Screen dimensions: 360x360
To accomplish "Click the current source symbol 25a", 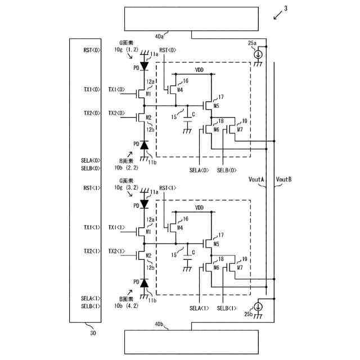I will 258,55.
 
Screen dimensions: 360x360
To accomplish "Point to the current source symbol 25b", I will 258,307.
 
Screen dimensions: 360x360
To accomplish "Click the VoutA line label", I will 256,179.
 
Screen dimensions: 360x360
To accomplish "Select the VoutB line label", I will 283,179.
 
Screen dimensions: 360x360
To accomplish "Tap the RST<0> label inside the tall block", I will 92,50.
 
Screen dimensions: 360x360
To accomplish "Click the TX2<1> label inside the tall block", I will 92,251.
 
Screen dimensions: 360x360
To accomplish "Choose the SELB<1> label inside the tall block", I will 91,305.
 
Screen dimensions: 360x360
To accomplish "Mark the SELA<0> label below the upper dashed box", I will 199,170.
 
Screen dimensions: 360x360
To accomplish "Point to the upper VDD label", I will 199,70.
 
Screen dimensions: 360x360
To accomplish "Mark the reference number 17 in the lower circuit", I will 220,235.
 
